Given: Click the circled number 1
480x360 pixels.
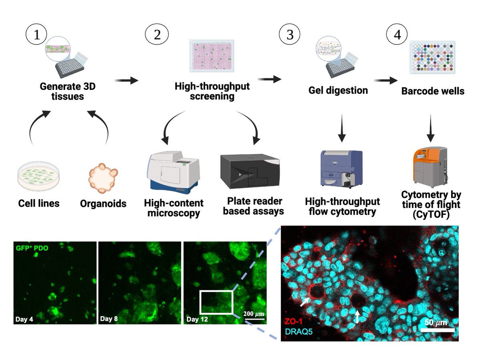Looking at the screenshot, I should (38, 35).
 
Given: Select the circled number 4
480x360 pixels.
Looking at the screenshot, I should (397, 35).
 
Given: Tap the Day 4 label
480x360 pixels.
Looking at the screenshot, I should (24, 319).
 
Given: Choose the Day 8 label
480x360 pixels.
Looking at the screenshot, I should (109, 319).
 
